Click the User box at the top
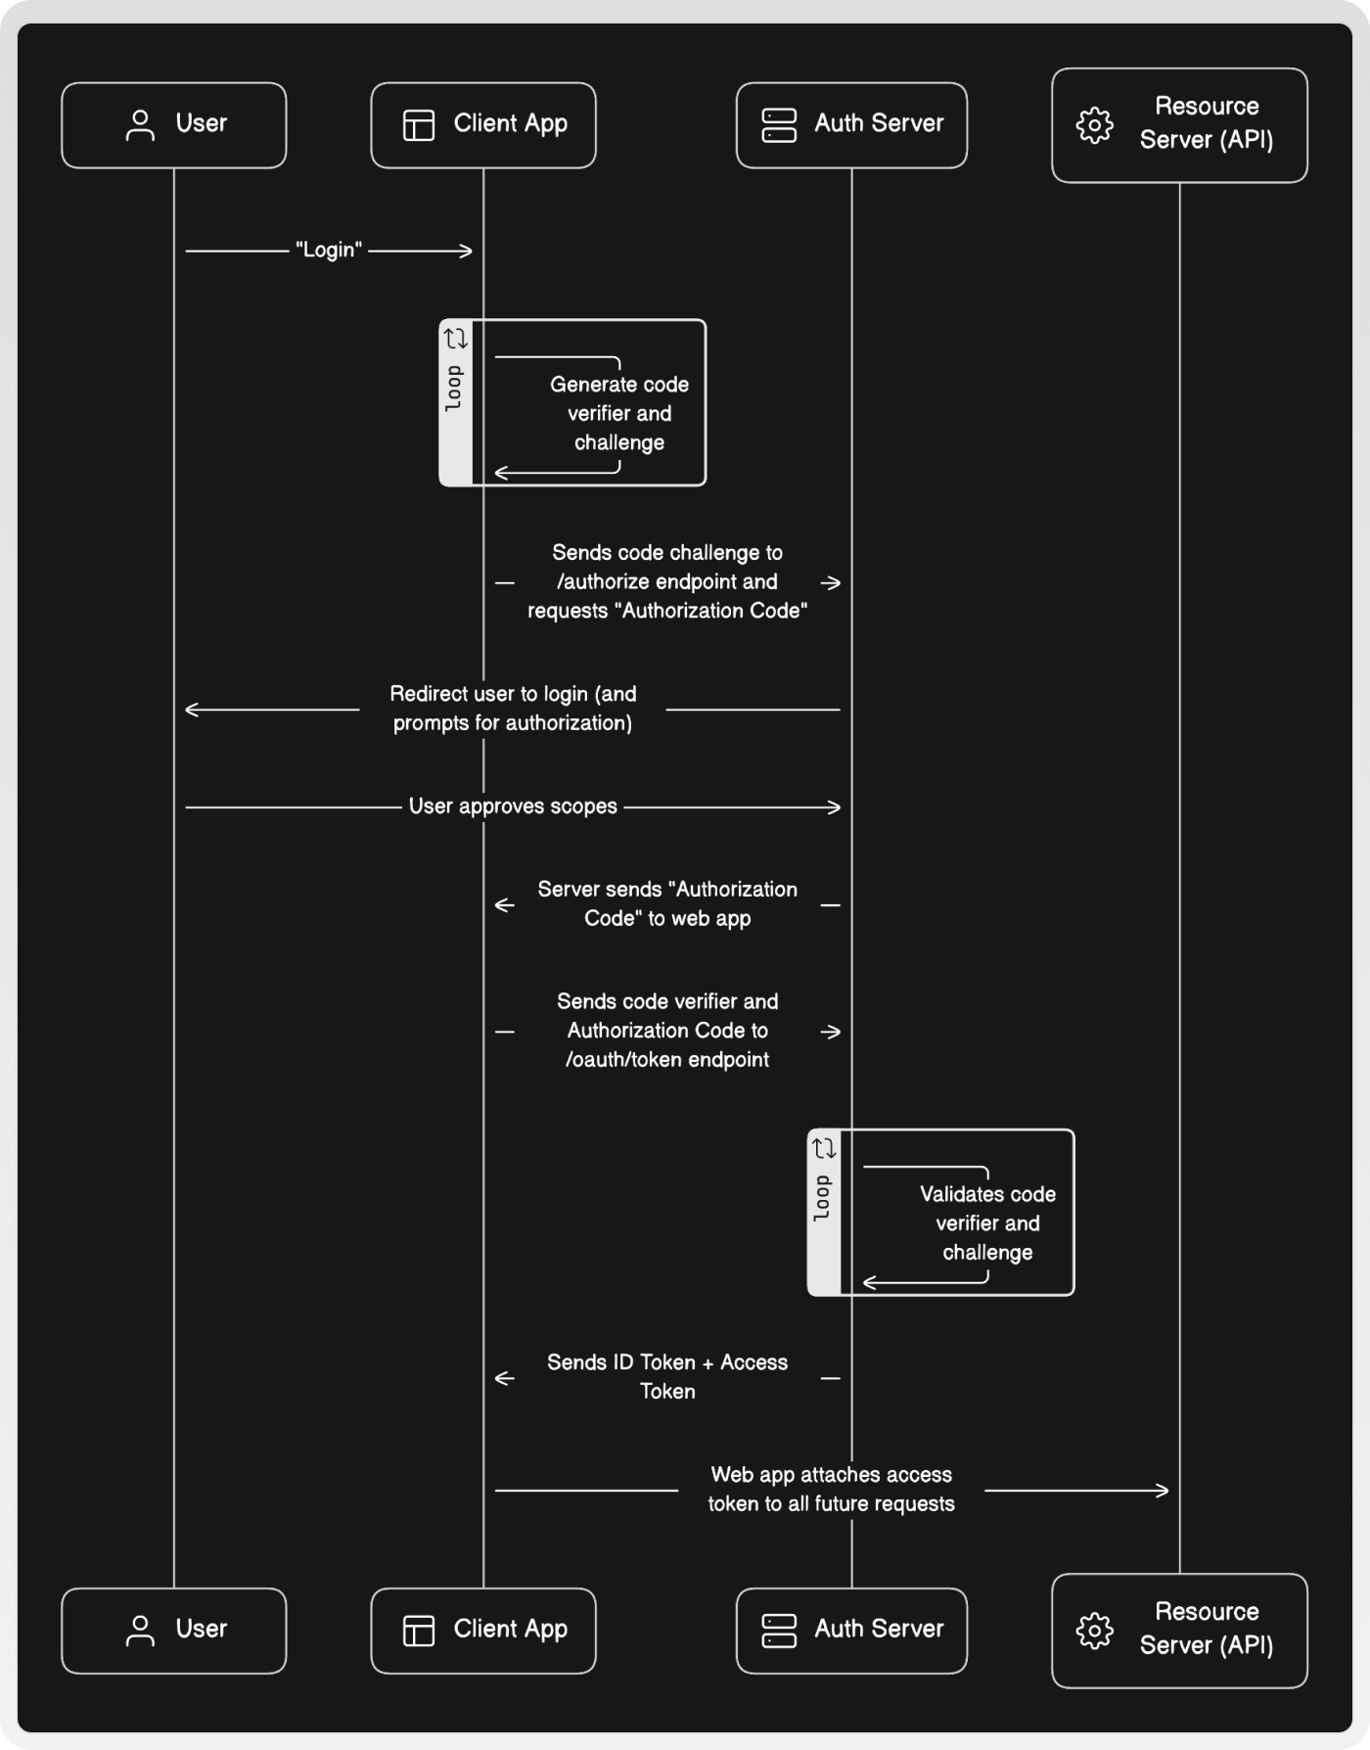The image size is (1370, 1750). pos(173,124)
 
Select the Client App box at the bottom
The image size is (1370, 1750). pos(482,1630)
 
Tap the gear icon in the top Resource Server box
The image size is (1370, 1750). pos(1094,125)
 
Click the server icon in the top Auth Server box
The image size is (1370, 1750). pos(779,125)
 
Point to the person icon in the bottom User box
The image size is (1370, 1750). pos(141,1631)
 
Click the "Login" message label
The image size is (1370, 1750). pos(329,251)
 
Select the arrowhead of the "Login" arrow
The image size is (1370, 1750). pos(467,252)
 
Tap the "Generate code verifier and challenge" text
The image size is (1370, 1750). pos(618,413)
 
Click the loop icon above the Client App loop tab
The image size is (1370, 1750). pos(456,339)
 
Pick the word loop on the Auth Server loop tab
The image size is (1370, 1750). pos(823,1198)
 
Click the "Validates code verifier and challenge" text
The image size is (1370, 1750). pos(987,1222)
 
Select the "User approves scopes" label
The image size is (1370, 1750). pos(513,806)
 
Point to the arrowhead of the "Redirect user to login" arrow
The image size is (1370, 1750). pos(192,710)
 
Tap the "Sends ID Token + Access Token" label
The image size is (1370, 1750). pos(667,1376)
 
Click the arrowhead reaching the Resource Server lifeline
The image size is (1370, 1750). pos(1163,1491)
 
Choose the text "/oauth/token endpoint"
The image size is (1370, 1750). pos(667,1060)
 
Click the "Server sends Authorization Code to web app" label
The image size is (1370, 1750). pos(667,903)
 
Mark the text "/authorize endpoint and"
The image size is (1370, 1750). pos(667,581)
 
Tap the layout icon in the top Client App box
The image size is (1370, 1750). pos(419,125)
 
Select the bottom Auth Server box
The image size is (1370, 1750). pos(850,1630)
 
